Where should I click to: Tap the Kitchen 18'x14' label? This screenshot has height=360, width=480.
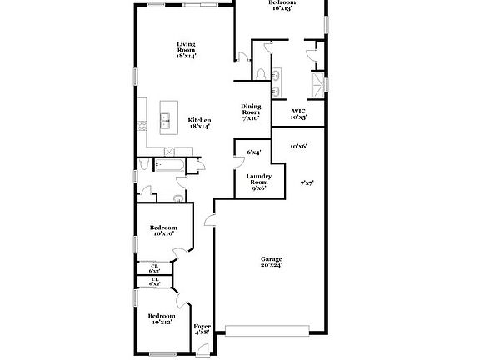[198, 123]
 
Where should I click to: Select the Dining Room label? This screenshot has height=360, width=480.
[252, 112]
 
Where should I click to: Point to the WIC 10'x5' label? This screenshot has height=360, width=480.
[299, 115]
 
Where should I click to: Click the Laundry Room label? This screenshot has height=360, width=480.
[258, 182]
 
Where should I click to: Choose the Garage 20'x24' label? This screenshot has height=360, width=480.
[272, 262]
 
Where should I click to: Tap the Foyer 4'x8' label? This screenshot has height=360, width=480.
[202, 330]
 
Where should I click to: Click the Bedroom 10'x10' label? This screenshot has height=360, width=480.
[162, 231]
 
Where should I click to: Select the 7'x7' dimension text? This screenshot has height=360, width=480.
[307, 182]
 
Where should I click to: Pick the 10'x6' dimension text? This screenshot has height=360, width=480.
[299, 147]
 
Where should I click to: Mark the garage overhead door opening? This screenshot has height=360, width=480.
[272, 327]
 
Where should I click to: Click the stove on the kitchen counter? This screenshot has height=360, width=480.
[142, 126]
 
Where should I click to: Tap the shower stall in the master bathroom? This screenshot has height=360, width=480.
[317, 82]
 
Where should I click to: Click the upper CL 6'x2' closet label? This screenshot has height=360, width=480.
[155, 268]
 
